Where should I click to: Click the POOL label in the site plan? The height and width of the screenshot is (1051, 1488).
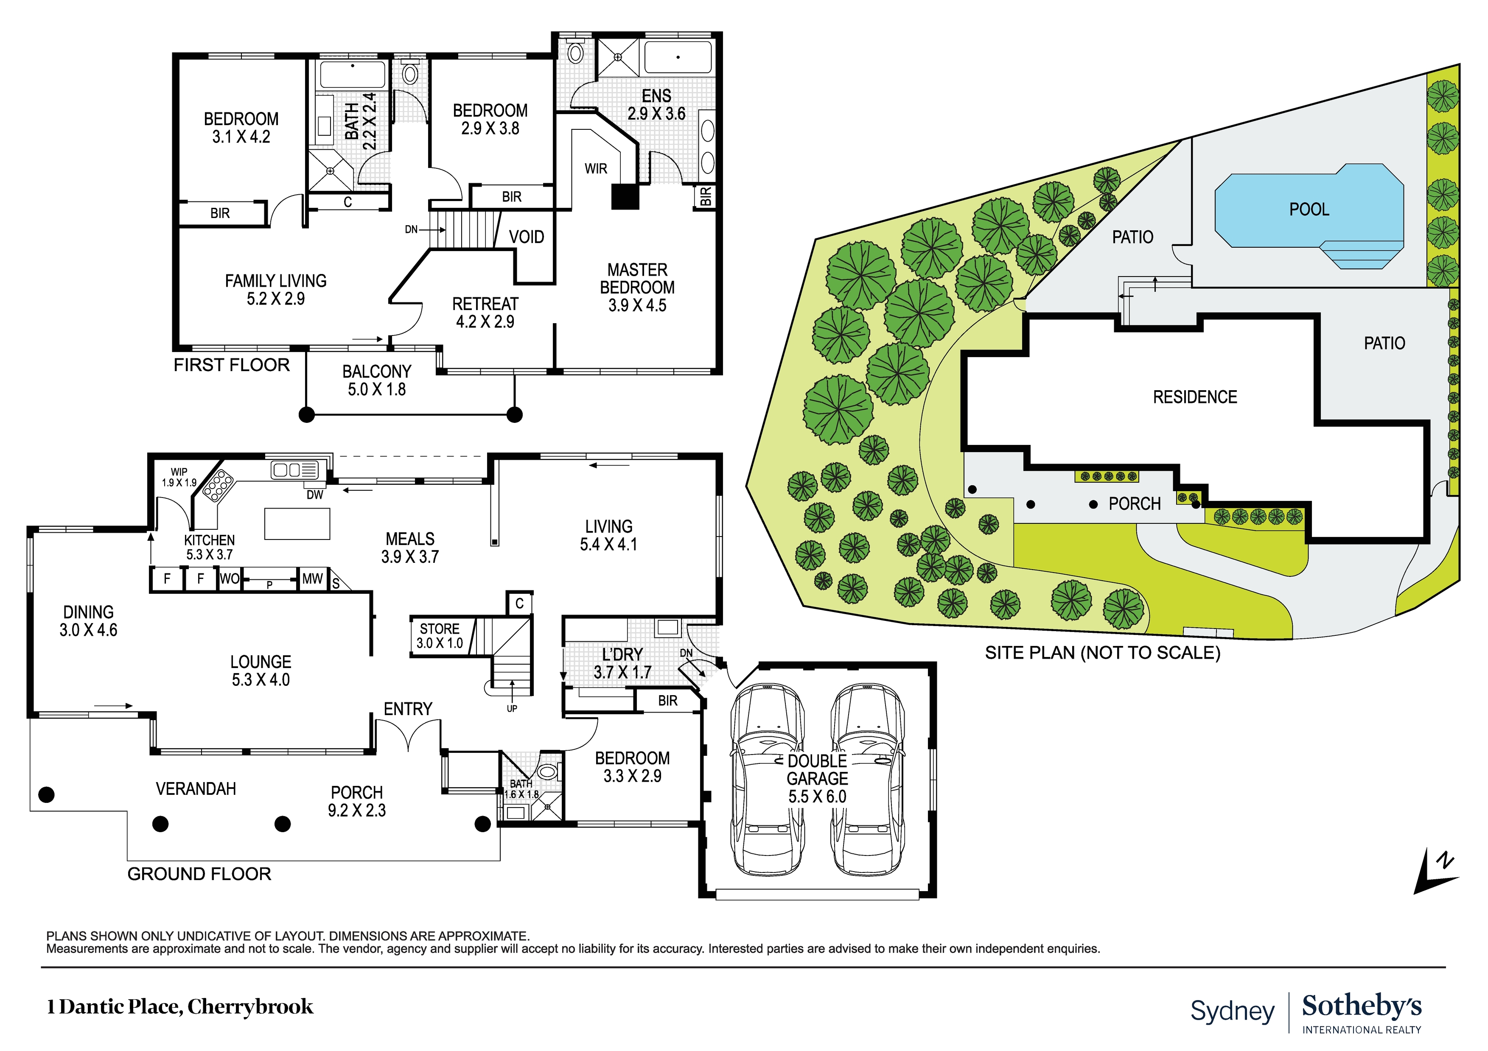1309,209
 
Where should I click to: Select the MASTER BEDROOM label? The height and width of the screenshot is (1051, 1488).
636,287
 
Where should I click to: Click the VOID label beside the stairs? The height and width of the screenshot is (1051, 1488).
526,237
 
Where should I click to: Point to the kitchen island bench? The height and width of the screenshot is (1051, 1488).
297,523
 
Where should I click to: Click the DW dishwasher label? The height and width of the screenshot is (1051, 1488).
315,495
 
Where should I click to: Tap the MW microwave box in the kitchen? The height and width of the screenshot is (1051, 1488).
312,579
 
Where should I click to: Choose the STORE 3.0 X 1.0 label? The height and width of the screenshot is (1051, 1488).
440,636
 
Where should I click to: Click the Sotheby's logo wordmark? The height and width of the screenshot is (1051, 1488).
1361,1006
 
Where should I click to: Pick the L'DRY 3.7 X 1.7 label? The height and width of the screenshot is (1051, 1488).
622,663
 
